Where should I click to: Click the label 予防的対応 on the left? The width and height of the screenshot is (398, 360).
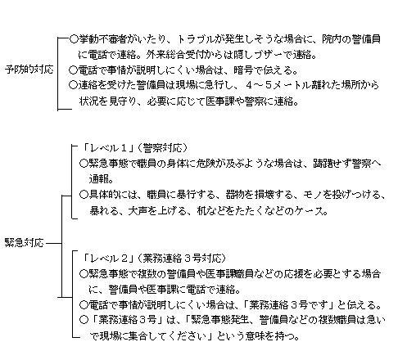tap(29, 70)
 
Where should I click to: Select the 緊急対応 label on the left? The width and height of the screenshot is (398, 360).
tap(25, 242)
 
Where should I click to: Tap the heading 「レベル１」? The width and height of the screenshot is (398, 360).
tap(109, 148)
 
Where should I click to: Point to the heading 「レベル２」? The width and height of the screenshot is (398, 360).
tap(109, 258)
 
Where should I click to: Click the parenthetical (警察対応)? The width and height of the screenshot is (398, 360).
tap(163, 148)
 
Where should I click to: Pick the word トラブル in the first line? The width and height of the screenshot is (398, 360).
tap(195, 39)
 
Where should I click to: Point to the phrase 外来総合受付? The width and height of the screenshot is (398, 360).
tap(174, 55)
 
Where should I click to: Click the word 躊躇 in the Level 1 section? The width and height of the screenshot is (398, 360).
tap(323, 164)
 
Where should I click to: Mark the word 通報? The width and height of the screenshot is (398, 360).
tap(98, 179)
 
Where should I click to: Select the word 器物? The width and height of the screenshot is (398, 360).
tap(235, 195)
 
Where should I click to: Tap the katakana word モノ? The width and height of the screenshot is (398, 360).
tap(313, 195)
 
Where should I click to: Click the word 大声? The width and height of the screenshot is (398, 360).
tap(138, 210)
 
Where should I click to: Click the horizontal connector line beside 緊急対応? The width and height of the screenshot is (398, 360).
tap(54, 243)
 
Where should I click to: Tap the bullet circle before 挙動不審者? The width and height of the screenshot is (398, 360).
tap(74, 39)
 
